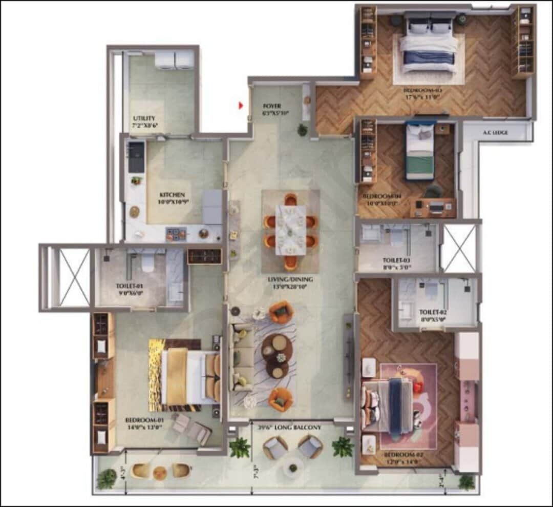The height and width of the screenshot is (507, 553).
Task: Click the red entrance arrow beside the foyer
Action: tap(241, 106)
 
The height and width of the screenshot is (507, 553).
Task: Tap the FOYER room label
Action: tap(272, 106)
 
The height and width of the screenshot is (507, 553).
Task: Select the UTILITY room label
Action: tap(144, 118)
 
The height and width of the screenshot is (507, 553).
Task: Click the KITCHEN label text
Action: tap(172, 195)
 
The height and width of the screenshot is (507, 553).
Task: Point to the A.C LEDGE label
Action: tap(495, 133)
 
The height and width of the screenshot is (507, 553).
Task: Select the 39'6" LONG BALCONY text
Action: tap(290, 428)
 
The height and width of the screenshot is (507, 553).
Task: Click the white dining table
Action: tap(290, 230)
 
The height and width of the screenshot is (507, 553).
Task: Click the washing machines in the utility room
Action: tap(174, 60)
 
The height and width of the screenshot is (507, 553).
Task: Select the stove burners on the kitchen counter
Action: tap(176, 234)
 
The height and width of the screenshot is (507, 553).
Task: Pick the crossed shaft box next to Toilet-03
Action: tap(459, 248)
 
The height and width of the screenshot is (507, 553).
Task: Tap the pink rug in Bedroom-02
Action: tap(408, 405)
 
